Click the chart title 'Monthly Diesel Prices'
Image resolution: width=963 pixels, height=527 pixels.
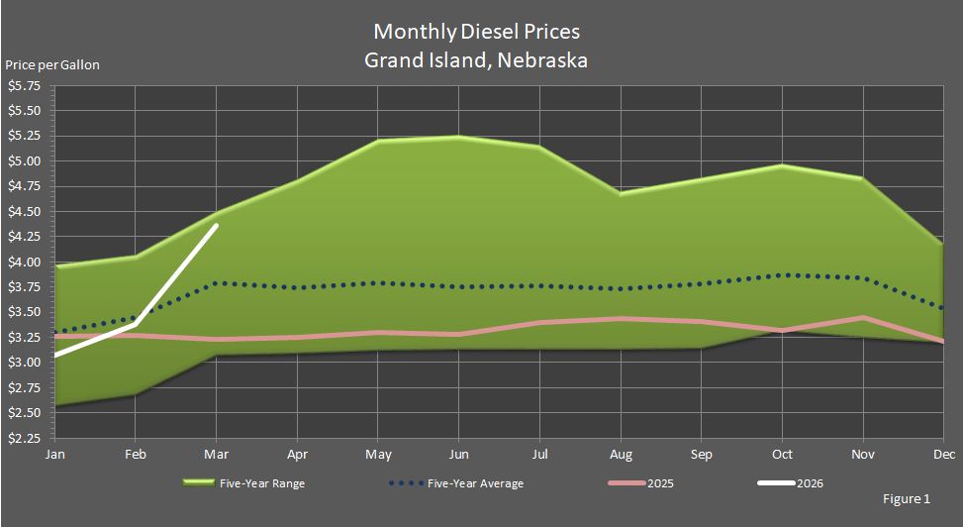pyautogui.click(x=475, y=33)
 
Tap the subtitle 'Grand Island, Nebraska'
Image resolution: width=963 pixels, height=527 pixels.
pyautogui.click(x=475, y=60)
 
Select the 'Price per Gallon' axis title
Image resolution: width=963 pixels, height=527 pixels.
pyautogui.click(x=52, y=65)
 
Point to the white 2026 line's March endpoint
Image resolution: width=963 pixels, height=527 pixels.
pyautogui.click(x=217, y=226)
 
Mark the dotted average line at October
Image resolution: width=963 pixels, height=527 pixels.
pyautogui.click(x=783, y=275)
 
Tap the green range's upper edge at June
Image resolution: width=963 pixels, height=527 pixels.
pyautogui.click(x=457, y=137)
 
